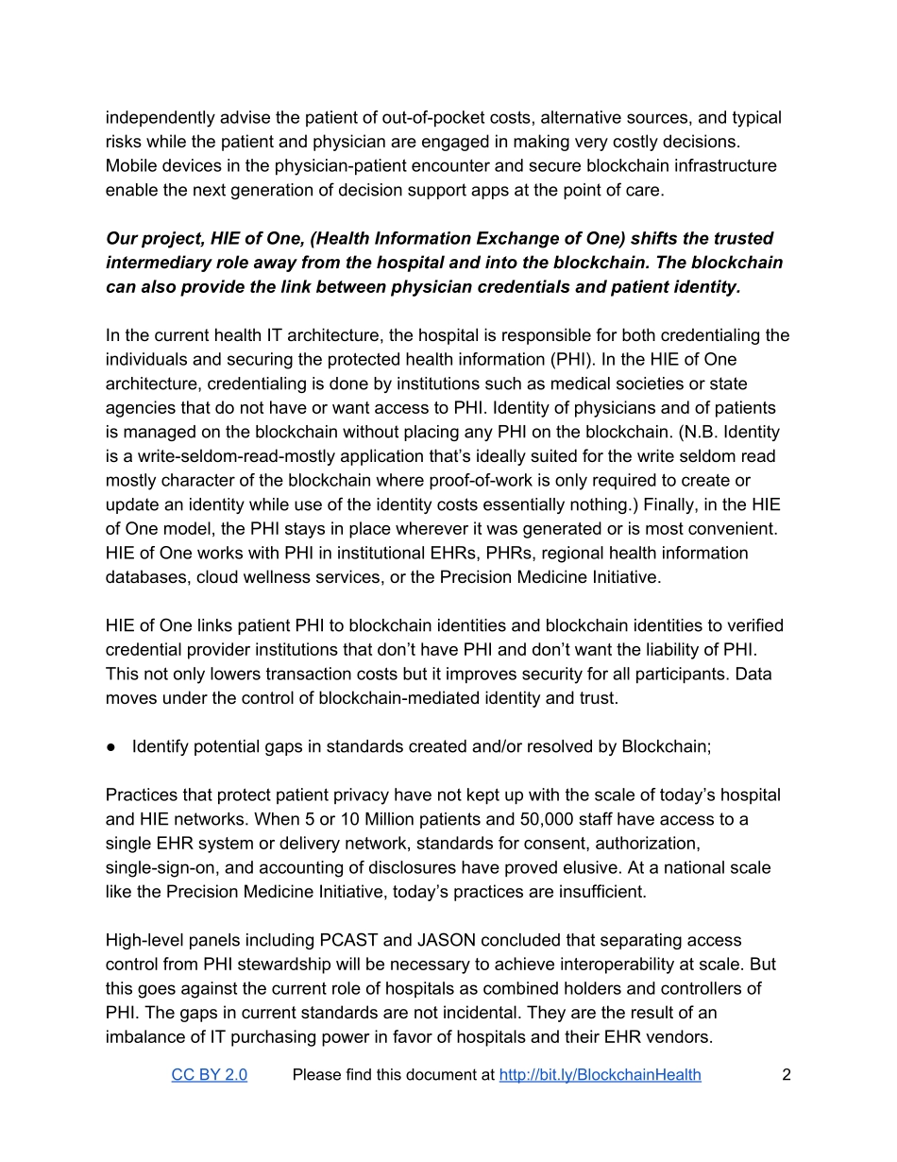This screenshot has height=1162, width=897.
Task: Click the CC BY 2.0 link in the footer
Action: (209, 1075)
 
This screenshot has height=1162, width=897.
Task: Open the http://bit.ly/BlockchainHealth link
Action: (600, 1075)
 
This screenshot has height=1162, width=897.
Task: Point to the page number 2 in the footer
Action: (786, 1075)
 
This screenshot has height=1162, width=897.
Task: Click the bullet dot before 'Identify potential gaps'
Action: (111, 746)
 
